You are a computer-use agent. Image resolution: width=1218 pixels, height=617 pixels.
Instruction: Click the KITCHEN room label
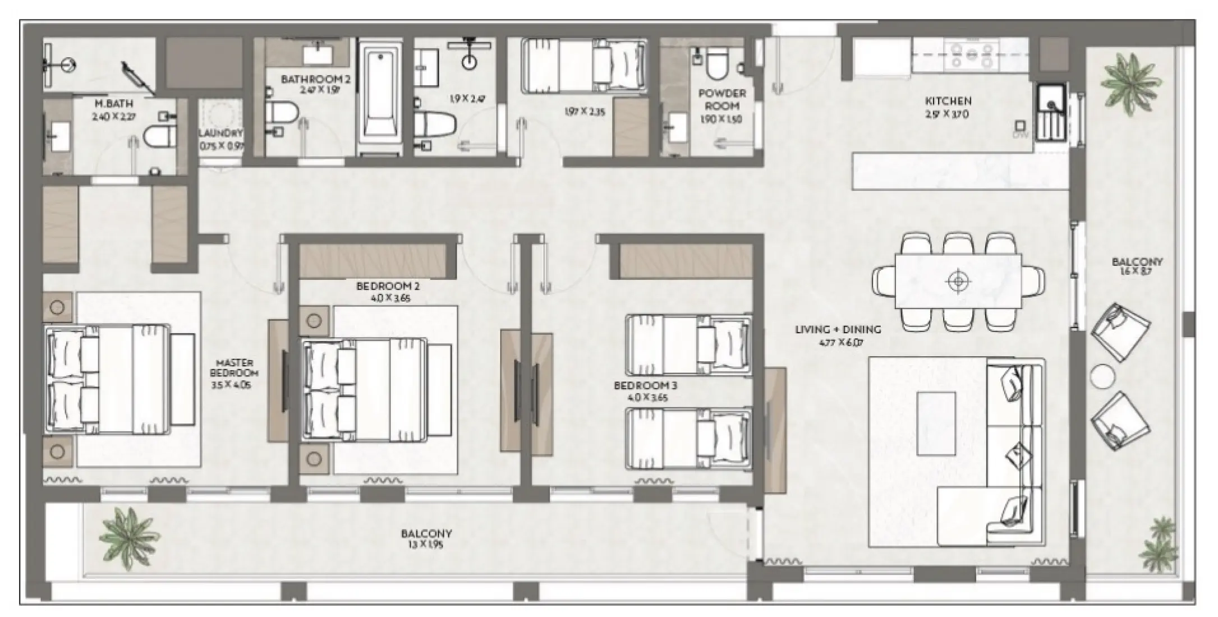(948, 101)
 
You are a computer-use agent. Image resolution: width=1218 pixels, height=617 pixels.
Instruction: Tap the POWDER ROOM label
(721, 99)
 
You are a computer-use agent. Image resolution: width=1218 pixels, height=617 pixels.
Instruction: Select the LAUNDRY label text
(220, 133)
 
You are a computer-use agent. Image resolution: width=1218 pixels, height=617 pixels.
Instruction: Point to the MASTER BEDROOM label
(235, 368)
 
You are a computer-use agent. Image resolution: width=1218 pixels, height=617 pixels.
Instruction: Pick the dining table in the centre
(958, 281)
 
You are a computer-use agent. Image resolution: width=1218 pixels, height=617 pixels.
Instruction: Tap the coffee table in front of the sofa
(936, 423)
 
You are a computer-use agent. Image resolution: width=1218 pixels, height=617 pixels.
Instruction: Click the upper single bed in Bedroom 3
(689, 345)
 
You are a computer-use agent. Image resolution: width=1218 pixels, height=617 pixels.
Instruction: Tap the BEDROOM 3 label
(645, 386)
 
